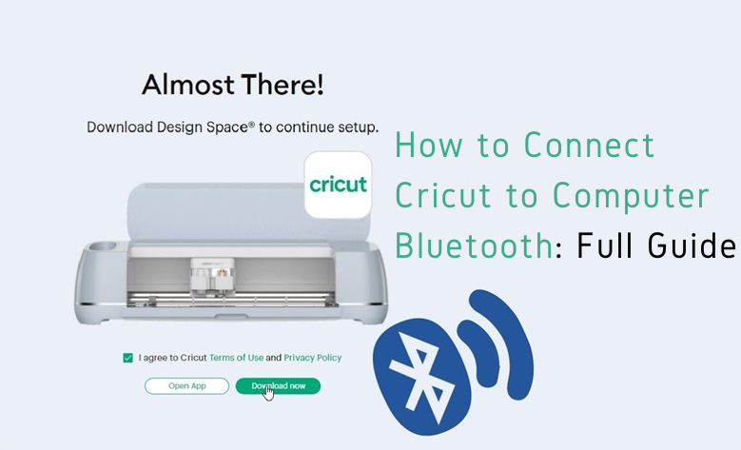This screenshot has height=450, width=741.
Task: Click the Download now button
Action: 278,386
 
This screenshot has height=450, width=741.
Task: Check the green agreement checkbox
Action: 127,358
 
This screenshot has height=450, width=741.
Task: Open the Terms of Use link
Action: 236,358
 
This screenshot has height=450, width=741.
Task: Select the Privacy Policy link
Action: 312,358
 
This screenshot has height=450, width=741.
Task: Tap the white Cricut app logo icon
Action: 338,185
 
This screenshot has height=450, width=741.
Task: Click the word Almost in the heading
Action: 187,85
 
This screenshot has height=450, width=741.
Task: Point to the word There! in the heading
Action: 283,85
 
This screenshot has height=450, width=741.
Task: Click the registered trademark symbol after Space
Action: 251,125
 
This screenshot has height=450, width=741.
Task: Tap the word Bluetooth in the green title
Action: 474,245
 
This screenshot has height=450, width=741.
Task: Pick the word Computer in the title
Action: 631,196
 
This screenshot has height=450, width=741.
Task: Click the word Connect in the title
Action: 590,145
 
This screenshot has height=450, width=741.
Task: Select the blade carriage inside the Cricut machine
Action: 212,274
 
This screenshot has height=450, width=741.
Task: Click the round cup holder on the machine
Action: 102,246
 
